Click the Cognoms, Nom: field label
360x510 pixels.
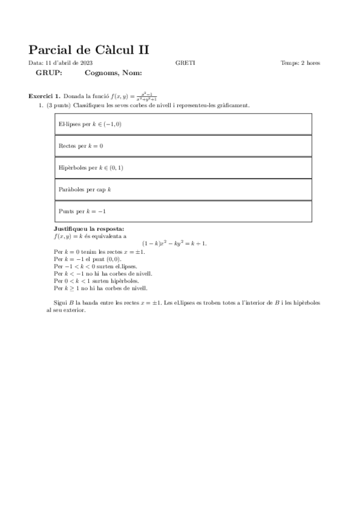click(113, 73)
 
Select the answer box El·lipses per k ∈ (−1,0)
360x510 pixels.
click(183, 124)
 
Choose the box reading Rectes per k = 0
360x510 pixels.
click(183, 146)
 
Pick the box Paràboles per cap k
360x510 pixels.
click(183, 189)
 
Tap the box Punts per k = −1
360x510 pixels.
click(183, 212)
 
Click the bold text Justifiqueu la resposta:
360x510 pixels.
click(89, 229)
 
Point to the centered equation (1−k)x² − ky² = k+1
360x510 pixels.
click(174, 244)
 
